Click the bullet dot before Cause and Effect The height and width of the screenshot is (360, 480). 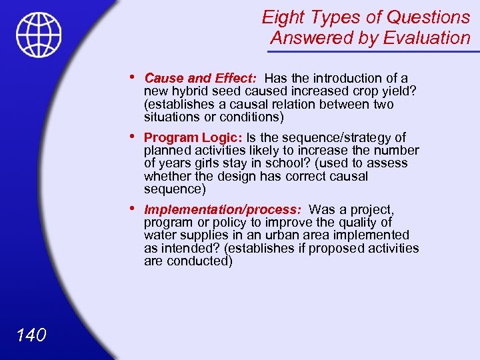pos(135,77)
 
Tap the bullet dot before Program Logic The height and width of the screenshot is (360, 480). pos(135,136)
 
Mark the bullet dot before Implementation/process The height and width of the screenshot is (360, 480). pos(135,208)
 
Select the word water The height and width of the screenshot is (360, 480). pos(159,235)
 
